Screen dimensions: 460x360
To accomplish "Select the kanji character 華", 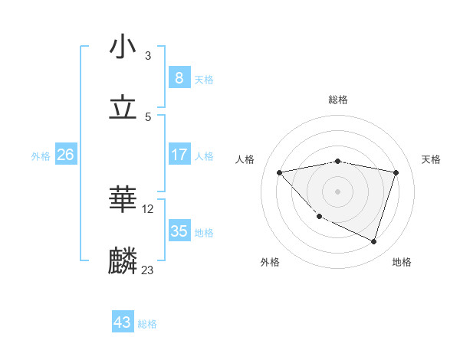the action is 123,200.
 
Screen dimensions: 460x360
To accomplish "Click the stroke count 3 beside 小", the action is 148,56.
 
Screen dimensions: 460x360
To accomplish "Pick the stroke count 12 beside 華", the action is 149,208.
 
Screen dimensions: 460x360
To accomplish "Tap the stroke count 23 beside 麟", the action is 148,270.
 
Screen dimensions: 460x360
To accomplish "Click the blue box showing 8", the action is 179,78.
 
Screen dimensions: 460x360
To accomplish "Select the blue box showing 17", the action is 179,155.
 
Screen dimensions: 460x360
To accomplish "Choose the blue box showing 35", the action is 179,231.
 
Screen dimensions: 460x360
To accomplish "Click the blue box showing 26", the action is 65,155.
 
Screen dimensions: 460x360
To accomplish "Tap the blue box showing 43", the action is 123,322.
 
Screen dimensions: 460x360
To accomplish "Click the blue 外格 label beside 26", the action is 41,156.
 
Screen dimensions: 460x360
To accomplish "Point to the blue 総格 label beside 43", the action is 147,324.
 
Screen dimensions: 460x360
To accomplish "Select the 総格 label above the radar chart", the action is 338,100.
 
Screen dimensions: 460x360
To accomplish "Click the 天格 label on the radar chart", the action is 431,159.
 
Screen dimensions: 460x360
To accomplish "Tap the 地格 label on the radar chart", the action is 402,262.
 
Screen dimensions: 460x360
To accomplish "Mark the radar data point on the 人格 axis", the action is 280,172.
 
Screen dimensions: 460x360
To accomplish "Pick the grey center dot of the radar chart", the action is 338,191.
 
